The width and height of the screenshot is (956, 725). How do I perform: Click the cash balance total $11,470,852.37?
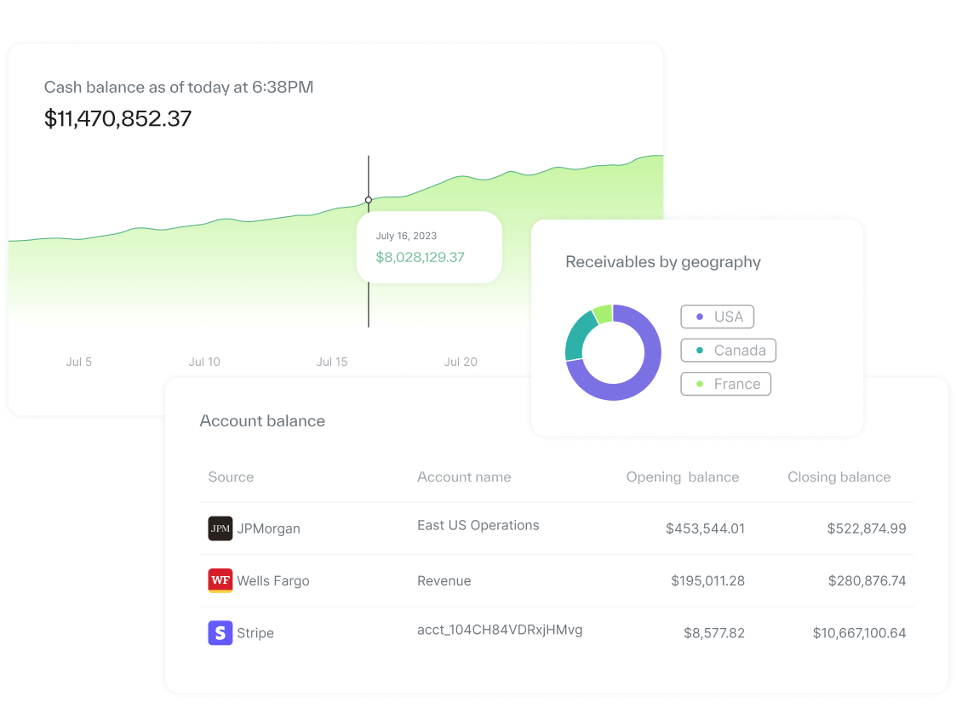117,118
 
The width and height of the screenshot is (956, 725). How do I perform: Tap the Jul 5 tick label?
78,362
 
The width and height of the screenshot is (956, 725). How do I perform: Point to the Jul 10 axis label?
204,362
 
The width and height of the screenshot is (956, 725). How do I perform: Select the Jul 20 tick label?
461,362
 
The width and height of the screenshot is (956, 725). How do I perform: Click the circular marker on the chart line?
369,200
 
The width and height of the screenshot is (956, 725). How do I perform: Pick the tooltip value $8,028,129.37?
420,257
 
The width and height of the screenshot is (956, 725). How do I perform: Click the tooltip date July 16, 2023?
406,236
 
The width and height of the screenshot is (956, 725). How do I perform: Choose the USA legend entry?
717,317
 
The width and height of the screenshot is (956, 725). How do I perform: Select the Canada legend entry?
728,351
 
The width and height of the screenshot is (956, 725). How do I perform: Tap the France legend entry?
725,384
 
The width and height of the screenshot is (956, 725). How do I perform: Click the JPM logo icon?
220,528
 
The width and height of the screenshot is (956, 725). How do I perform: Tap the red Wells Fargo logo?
220,580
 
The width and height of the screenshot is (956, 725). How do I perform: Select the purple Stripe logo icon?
220,633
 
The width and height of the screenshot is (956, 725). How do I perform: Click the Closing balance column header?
839,477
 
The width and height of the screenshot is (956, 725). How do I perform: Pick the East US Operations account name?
478,525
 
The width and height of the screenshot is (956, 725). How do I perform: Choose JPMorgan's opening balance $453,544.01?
705,528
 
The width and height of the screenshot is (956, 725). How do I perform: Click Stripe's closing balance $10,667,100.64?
859,633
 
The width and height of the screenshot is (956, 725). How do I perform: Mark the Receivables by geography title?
663,262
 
